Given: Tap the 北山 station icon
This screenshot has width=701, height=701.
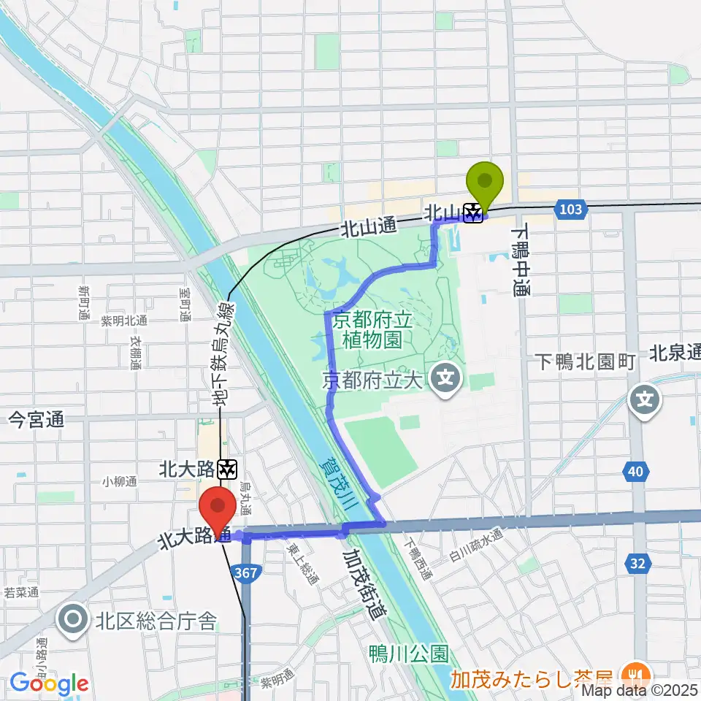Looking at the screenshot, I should coord(473,212).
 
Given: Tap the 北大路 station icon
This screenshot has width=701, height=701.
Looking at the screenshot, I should coord(229,468).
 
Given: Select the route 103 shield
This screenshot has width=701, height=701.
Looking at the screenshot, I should coord(572,210).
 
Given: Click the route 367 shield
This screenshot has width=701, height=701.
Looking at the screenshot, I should coord(246,574).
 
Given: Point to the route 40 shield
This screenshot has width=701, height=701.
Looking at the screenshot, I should coord(635,472).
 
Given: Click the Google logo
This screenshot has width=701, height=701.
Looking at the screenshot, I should coord(50,683).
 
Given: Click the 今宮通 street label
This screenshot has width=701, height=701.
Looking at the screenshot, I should coord(36,419).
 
